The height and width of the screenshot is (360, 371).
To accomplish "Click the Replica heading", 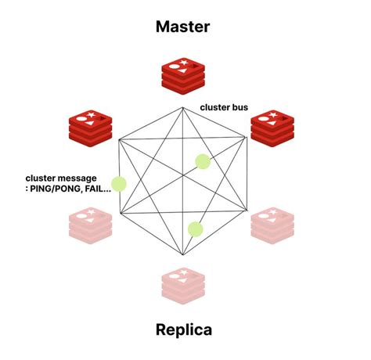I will point(185,330).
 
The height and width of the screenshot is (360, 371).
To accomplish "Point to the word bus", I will point(240,106).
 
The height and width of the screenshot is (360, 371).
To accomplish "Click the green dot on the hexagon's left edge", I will point(119,185).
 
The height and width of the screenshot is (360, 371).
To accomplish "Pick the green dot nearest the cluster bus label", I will point(203,162).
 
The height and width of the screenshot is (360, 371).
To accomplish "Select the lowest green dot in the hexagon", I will point(196,229).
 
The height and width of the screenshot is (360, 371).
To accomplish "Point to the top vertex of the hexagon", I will point(184,104).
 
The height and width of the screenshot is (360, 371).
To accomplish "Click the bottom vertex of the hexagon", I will point(184,255).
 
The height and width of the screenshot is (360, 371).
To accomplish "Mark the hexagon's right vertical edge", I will point(249,180).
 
